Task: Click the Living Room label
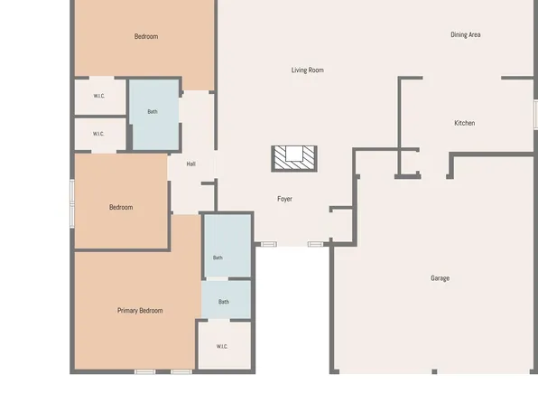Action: point(308,70)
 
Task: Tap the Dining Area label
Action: point(465,34)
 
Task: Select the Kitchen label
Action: point(465,123)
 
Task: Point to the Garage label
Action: point(440,278)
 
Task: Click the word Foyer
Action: point(284,199)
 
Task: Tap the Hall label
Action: point(191,164)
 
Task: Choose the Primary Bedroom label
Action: point(140,311)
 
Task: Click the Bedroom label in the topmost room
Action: point(146,36)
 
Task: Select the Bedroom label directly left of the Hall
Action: point(121,207)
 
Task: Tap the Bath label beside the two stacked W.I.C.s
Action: point(153,112)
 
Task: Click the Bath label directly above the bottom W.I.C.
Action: point(224,302)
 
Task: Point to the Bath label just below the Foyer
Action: point(218,258)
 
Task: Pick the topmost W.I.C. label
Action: point(99,96)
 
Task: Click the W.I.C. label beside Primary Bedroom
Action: point(222,346)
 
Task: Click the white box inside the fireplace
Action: point(294,154)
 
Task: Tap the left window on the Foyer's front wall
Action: point(269,244)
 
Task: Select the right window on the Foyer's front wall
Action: point(315,244)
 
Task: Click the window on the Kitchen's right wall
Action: point(535,115)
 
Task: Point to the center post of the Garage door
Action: point(434,371)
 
